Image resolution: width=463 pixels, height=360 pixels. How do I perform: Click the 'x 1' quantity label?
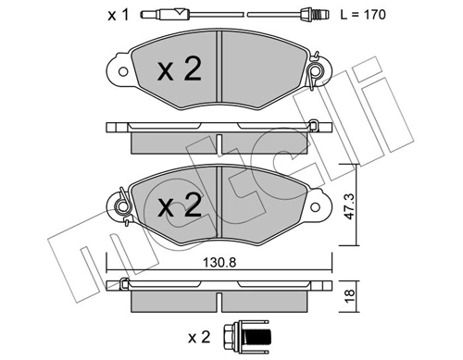tap(116, 16)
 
